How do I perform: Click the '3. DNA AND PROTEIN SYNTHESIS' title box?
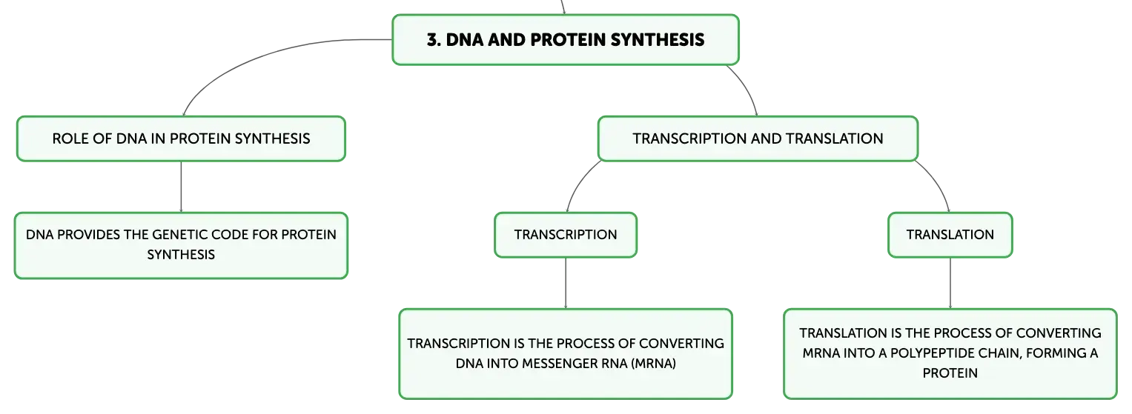pos(566,40)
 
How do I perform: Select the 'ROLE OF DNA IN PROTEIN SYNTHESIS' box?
pos(181,138)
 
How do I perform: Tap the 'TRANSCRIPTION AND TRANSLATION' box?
pos(758,138)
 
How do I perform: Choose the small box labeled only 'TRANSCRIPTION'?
pos(566,235)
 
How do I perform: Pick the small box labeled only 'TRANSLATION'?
pos(950,235)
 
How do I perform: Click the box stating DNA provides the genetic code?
pos(181,245)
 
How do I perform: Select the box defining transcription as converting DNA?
pos(566,354)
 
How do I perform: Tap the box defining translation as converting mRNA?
pos(950,354)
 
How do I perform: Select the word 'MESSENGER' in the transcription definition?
pos(560,364)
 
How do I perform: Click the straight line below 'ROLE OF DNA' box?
pos(181,187)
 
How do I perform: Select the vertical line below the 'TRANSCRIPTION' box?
pos(566,283)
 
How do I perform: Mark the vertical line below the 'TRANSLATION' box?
pos(950,283)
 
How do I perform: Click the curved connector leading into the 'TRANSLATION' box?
pos(938,183)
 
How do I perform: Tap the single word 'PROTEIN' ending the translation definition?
pos(950,373)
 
